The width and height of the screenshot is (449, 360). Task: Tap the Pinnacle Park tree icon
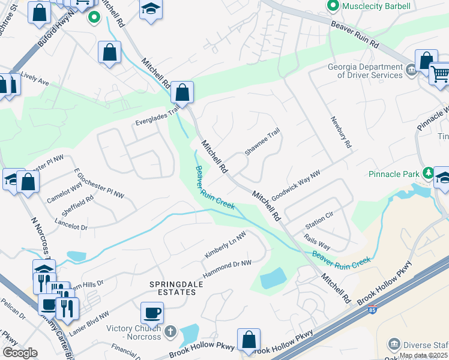coord(428,173)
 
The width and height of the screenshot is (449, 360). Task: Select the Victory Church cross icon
coord(170,331)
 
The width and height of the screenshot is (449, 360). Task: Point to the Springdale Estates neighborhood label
coord(173,292)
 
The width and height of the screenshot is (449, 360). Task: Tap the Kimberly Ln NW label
coord(225,246)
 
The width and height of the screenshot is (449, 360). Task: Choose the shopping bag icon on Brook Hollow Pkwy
coord(249,340)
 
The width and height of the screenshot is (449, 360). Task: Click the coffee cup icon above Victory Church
coord(152,313)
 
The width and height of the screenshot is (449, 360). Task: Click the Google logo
coord(20,353)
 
